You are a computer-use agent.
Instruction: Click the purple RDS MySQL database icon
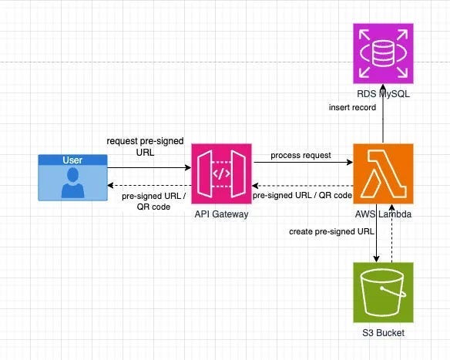tap(383, 53)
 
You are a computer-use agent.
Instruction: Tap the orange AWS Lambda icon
tap(383, 173)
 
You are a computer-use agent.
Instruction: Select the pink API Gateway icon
tap(221, 173)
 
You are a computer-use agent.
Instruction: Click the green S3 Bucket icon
tap(383, 292)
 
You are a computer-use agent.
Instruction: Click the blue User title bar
tap(73, 160)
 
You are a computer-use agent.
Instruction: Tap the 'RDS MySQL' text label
tap(383, 94)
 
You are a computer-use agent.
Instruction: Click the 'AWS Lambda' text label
tap(383, 214)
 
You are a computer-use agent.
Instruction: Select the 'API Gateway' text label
tap(221, 214)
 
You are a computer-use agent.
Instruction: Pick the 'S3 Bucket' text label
tap(383, 333)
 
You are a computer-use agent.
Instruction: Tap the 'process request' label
tap(301, 155)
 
